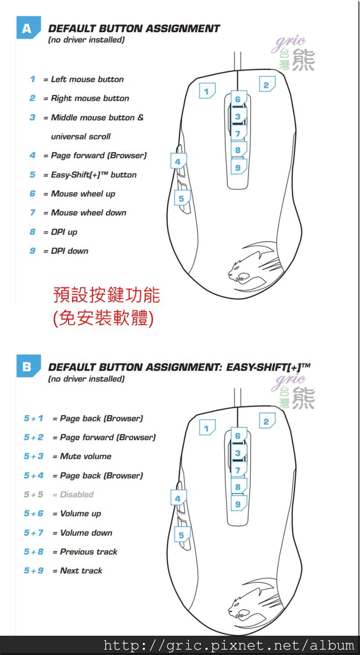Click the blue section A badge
[x=28, y=28]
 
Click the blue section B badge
[x=28, y=366]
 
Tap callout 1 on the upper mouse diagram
[x=207, y=91]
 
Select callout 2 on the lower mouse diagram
[x=267, y=421]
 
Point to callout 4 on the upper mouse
[x=178, y=161]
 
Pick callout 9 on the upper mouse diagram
[x=239, y=167]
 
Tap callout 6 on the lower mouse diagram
[x=239, y=435]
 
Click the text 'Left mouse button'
[x=87, y=79]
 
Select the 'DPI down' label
[x=69, y=251]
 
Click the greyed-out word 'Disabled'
[x=77, y=494]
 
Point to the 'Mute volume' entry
[x=86, y=456]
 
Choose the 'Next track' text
[x=81, y=570]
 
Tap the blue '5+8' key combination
[x=34, y=552]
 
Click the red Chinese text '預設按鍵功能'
[x=107, y=295]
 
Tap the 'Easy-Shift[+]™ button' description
[x=94, y=175]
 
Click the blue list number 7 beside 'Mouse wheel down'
[x=32, y=212]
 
